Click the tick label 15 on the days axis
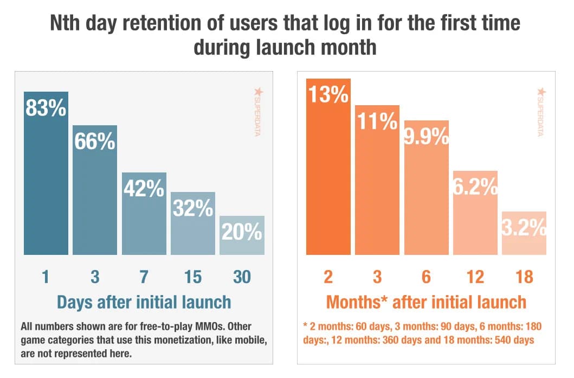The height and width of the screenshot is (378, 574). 193,277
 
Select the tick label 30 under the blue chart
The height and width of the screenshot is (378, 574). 242,277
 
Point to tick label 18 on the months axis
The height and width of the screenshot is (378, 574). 524,277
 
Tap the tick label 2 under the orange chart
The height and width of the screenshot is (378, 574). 328,277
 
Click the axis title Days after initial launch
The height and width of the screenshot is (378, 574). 143,302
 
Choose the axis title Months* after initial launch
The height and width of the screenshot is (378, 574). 425,302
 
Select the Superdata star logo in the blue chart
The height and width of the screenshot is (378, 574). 257,93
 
